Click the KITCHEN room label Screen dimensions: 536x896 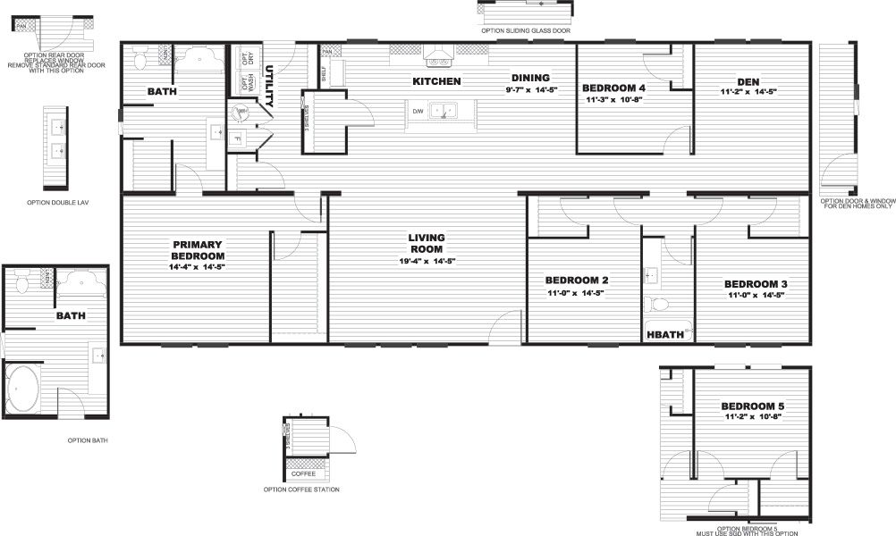pyautogui.click(x=436, y=81)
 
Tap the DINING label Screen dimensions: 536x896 pyautogui.click(x=530, y=77)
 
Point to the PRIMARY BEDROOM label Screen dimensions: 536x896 pyautogui.click(x=198, y=250)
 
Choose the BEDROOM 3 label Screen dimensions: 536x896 pyautogui.click(x=755, y=284)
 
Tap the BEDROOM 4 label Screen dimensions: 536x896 pyautogui.click(x=613, y=88)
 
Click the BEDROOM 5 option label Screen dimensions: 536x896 pyautogui.click(x=752, y=406)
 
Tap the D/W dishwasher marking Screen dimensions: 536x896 pyautogui.click(x=417, y=112)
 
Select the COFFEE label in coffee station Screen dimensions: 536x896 pyautogui.click(x=302, y=473)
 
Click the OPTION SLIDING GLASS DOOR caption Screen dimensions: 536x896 pyautogui.click(x=525, y=30)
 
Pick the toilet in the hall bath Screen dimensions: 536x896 pyautogui.click(x=655, y=304)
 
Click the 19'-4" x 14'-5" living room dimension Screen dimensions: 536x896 pyautogui.click(x=427, y=261)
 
